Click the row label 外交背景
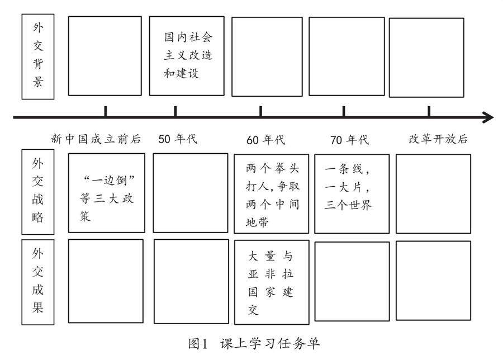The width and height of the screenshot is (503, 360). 38,56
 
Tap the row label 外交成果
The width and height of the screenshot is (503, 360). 38,281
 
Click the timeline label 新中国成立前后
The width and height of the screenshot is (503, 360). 96,139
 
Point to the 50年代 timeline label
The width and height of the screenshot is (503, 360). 178,139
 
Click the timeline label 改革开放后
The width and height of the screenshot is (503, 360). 438,139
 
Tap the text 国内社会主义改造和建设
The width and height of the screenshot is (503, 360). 188,55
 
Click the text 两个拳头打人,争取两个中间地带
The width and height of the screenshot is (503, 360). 272,195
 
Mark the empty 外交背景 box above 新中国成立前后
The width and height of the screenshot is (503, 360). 105,56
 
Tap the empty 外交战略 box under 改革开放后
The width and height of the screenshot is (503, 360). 433,193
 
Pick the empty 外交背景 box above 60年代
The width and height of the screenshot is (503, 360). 267,56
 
